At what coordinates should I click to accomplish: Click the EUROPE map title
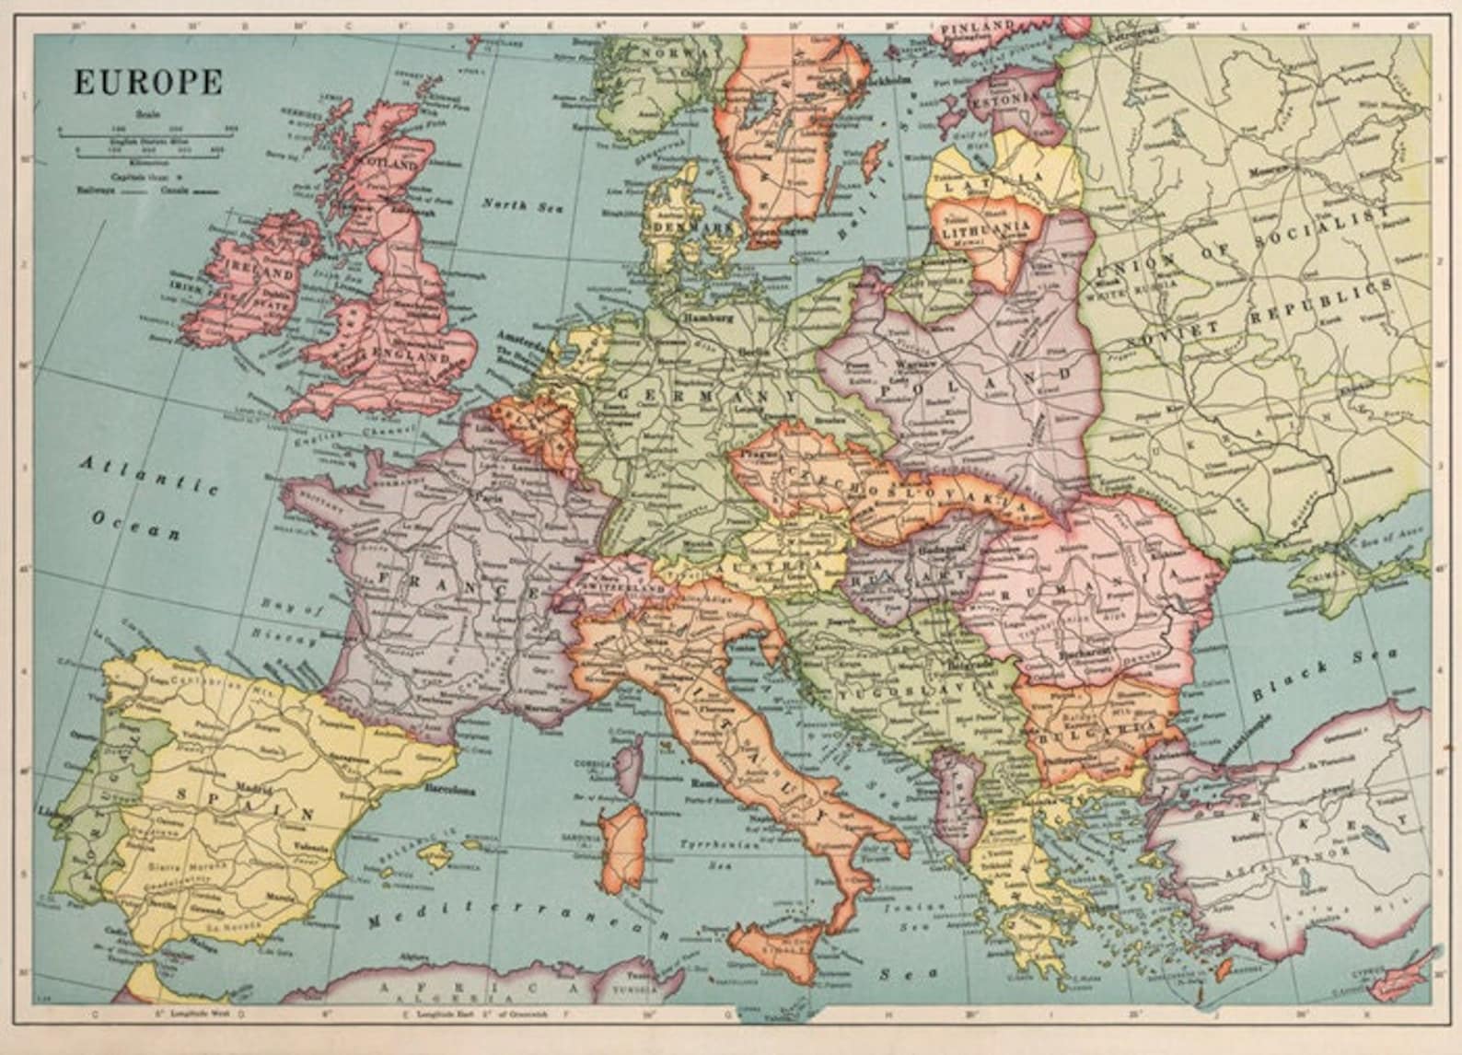point(147,82)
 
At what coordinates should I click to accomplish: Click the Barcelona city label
point(449,789)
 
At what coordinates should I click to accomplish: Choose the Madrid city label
point(254,787)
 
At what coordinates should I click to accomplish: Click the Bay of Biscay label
point(284,622)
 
